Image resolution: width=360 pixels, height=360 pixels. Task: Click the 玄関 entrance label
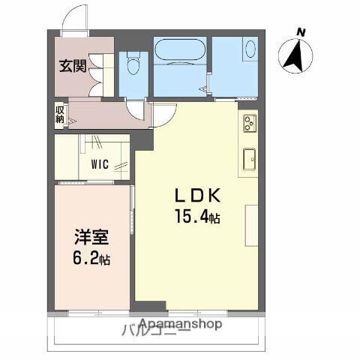73,65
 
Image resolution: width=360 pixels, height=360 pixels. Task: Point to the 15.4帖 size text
197,217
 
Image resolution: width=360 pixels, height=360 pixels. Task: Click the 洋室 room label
91,239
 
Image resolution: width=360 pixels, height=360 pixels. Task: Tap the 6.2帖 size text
91,261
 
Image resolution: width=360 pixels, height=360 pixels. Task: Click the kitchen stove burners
248,123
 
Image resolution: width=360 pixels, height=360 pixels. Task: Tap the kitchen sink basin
248,159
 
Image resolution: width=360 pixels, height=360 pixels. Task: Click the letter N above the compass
300,31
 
